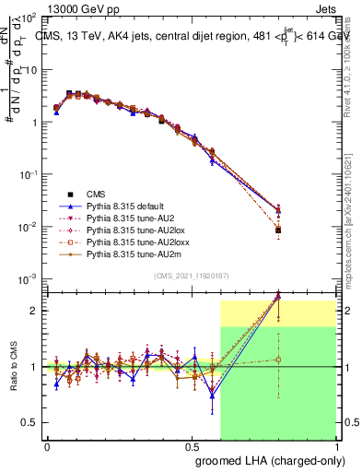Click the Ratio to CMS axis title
(16, 368)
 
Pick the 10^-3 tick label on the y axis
(29, 279)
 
